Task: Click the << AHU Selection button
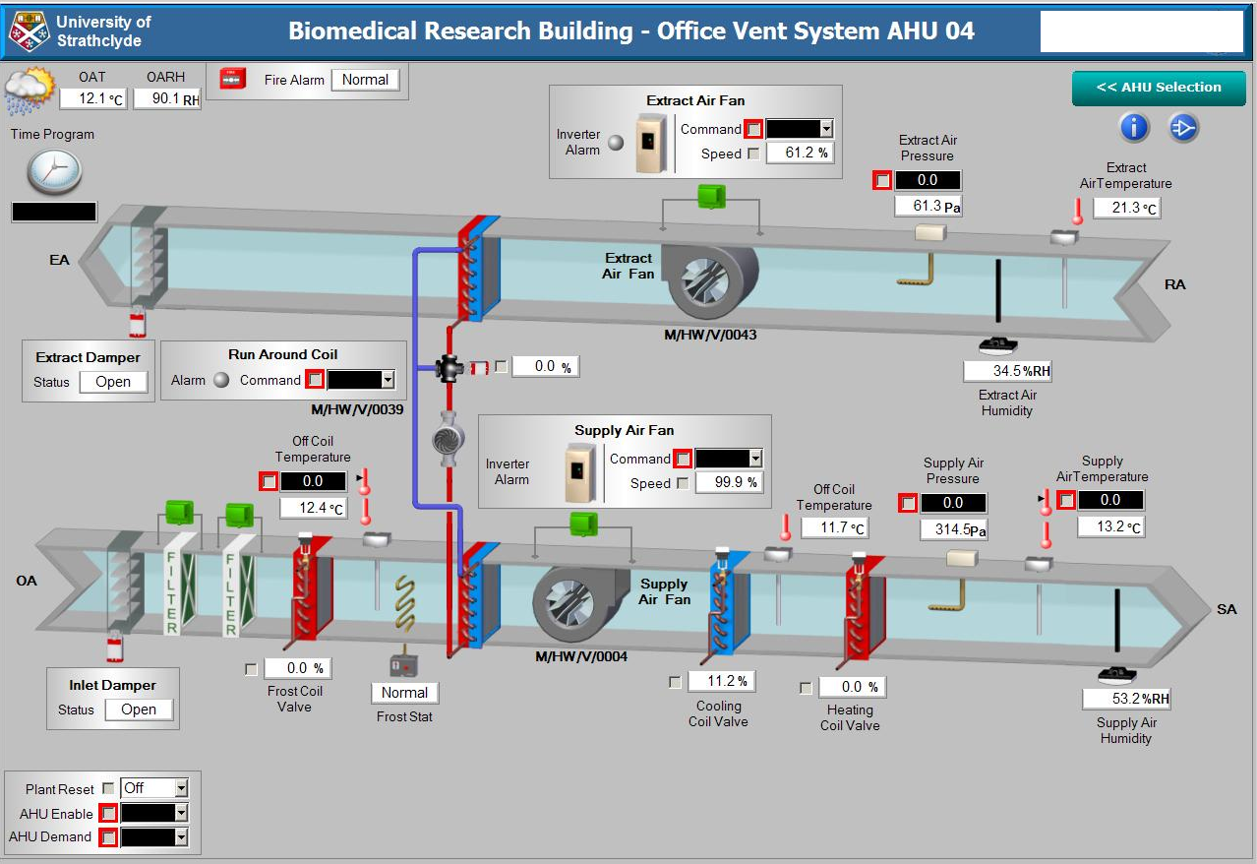click(1159, 88)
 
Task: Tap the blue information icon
click(1134, 127)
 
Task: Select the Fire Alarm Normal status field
click(365, 80)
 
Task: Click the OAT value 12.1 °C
click(92, 98)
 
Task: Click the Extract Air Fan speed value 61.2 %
click(797, 153)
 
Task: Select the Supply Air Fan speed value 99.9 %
click(729, 482)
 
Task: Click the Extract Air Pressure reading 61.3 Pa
click(927, 206)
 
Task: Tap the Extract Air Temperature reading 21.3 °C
click(1126, 208)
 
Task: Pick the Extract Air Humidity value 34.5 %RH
click(1007, 371)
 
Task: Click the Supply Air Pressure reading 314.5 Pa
click(953, 529)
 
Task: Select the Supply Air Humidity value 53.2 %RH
click(1126, 699)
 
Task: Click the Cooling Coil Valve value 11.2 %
click(721, 681)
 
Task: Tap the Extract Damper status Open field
click(113, 382)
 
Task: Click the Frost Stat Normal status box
click(404, 693)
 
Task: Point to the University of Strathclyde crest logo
click(29, 31)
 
